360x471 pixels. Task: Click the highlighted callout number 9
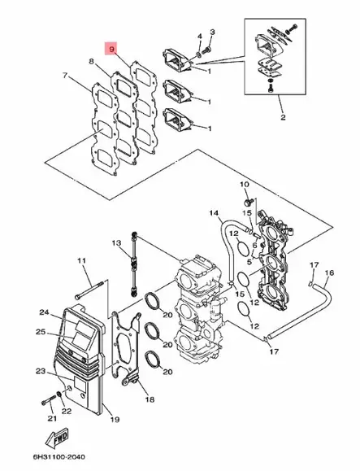(112, 49)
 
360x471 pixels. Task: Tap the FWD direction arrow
(57, 438)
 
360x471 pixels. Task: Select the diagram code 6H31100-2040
(59, 457)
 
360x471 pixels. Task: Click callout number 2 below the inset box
(283, 117)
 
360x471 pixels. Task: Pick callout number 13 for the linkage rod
(116, 242)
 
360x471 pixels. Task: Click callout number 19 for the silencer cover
(115, 419)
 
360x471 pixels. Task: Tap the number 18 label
(150, 399)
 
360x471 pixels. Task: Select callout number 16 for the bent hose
(329, 273)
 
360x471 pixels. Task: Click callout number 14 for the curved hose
(214, 213)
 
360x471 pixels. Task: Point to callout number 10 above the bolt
(245, 184)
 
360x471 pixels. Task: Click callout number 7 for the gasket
(65, 76)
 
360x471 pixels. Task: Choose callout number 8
(92, 61)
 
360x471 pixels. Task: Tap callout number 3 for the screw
(212, 32)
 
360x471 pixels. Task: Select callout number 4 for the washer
(199, 37)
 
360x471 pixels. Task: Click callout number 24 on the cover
(44, 312)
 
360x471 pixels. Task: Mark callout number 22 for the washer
(66, 411)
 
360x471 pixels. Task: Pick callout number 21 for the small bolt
(52, 418)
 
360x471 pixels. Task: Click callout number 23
(41, 371)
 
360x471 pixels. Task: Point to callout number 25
(41, 332)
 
